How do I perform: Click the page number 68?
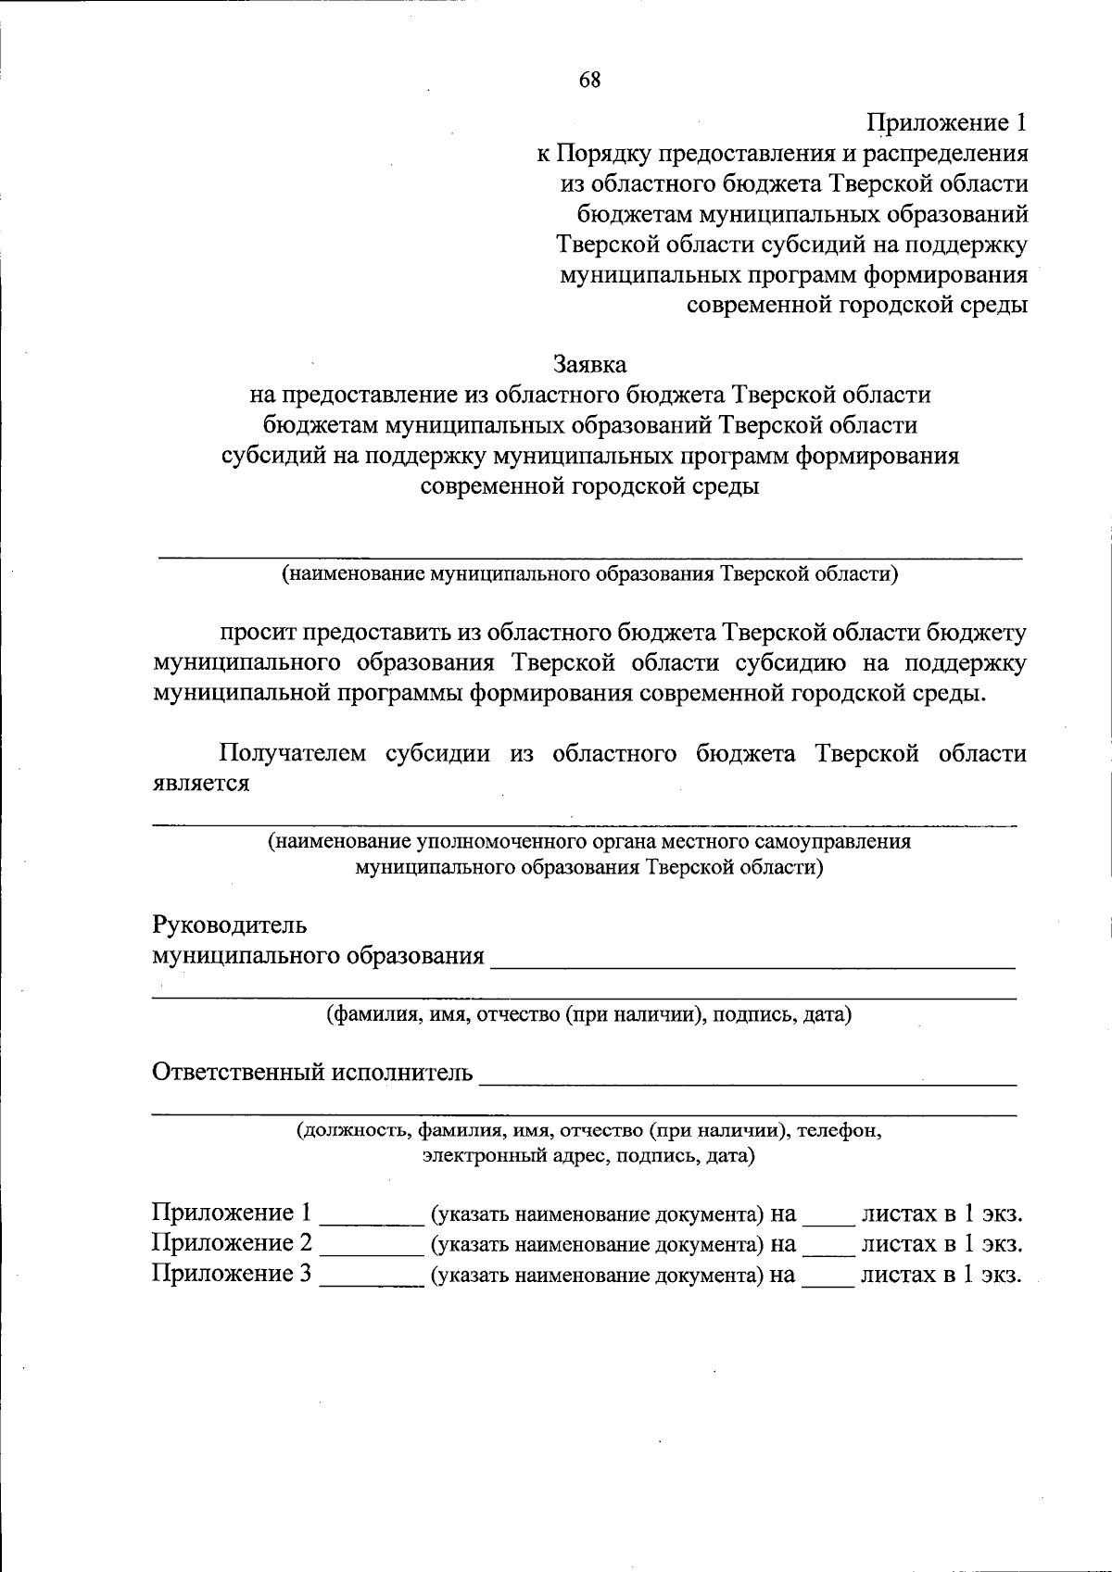[590, 80]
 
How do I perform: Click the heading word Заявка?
[590, 364]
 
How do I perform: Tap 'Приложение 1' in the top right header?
[947, 122]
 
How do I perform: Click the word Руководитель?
[229, 924]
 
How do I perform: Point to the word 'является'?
[201, 783]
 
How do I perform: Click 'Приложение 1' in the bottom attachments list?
[232, 1213]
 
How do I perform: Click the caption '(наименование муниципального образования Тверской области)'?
[590, 573]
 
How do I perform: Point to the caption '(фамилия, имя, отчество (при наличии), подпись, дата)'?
[588, 1014]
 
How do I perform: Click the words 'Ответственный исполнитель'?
[312, 1073]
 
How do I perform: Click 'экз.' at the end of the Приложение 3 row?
[1001, 1275]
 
